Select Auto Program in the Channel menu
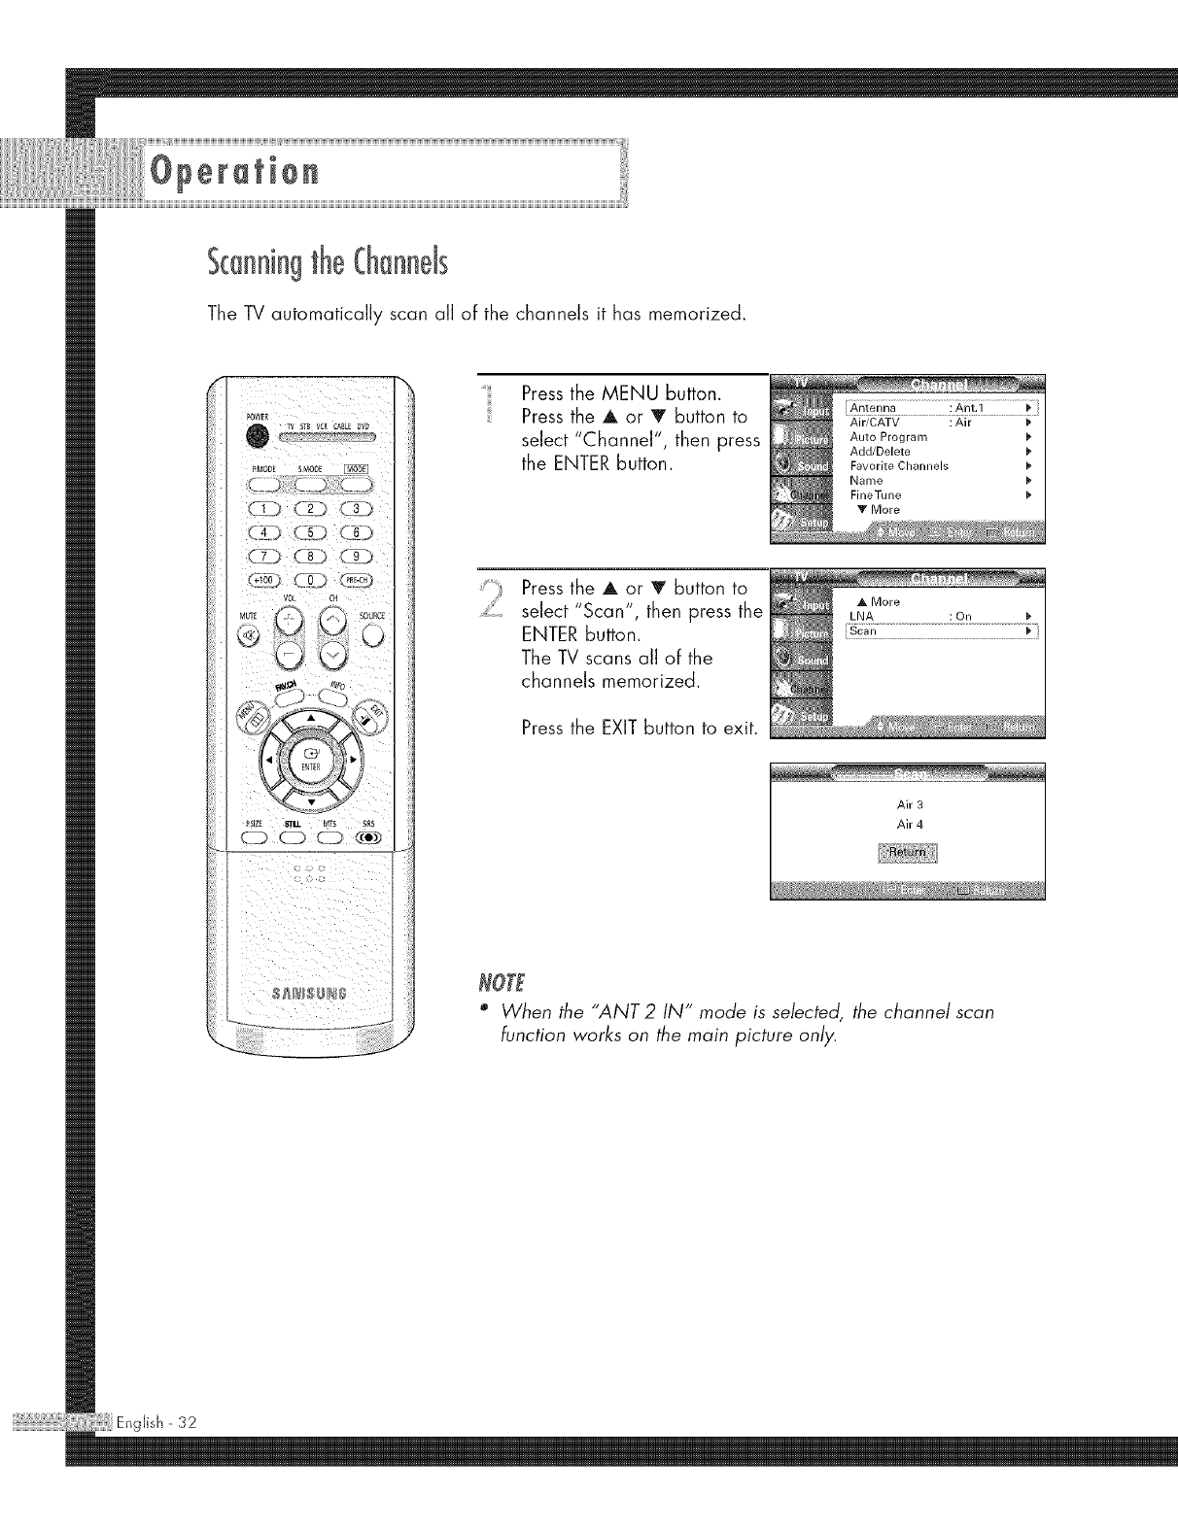(x=888, y=437)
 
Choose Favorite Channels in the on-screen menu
(x=898, y=465)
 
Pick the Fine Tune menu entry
(x=875, y=494)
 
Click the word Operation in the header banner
(x=233, y=173)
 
